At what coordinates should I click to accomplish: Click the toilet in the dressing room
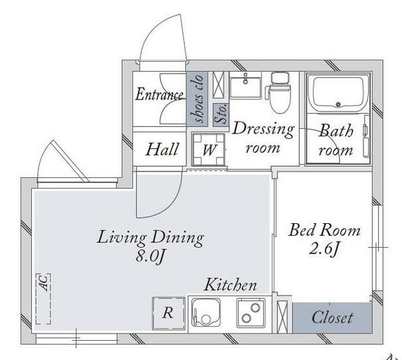(x=280, y=92)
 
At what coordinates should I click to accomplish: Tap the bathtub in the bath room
(x=338, y=94)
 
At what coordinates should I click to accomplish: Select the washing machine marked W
(x=209, y=149)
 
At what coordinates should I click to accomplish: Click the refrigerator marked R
(x=168, y=314)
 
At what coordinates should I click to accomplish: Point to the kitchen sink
(x=205, y=313)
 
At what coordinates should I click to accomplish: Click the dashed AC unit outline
(x=43, y=299)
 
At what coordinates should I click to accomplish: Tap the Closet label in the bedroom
(x=332, y=317)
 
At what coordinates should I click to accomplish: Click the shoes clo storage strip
(x=197, y=99)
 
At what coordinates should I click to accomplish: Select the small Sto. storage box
(x=221, y=114)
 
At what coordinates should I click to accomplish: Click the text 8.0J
(x=150, y=256)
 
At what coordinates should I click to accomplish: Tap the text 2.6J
(x=324, y=248)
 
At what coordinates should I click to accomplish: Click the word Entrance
(x=159, y=94)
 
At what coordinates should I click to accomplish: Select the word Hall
(x=162, y=149)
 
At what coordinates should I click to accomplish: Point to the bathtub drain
(x=338, y=104)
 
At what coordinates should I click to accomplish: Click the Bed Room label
(x=324, y=230)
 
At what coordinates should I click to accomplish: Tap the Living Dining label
(x=150, y=238)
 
